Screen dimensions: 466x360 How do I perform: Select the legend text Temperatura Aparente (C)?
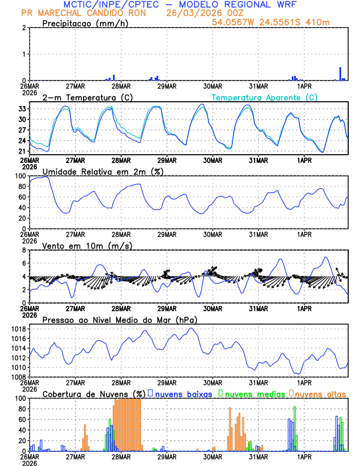(x=264, y=97)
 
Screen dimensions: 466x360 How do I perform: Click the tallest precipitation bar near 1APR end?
(x=340, y=73)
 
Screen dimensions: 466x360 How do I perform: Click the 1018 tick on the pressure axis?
(x=17, y=329)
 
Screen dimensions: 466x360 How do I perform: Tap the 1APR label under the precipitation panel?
(x=304, y=85)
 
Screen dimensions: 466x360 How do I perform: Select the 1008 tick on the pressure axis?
(x=17, y=377)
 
